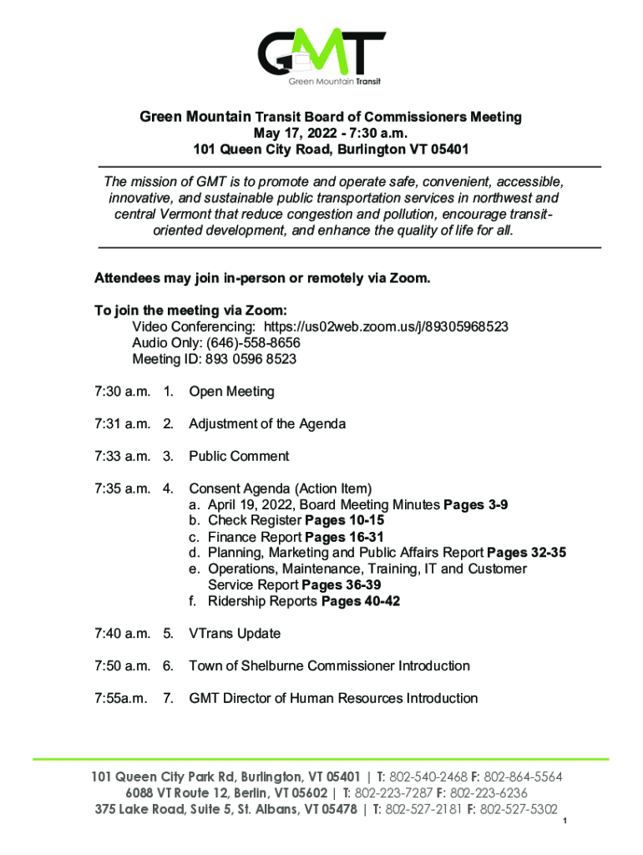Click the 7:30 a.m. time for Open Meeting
click(122, 392)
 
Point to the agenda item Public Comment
click(239, 456)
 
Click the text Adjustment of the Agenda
click(267, 424)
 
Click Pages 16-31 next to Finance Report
click(344, 537)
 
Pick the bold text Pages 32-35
click(526, 553)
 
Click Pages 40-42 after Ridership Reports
click(360, 601)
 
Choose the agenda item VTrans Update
click(235, 634)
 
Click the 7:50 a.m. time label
click(122, 665)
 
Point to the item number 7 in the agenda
click(168, 698)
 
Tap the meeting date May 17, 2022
click(292, 134)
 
